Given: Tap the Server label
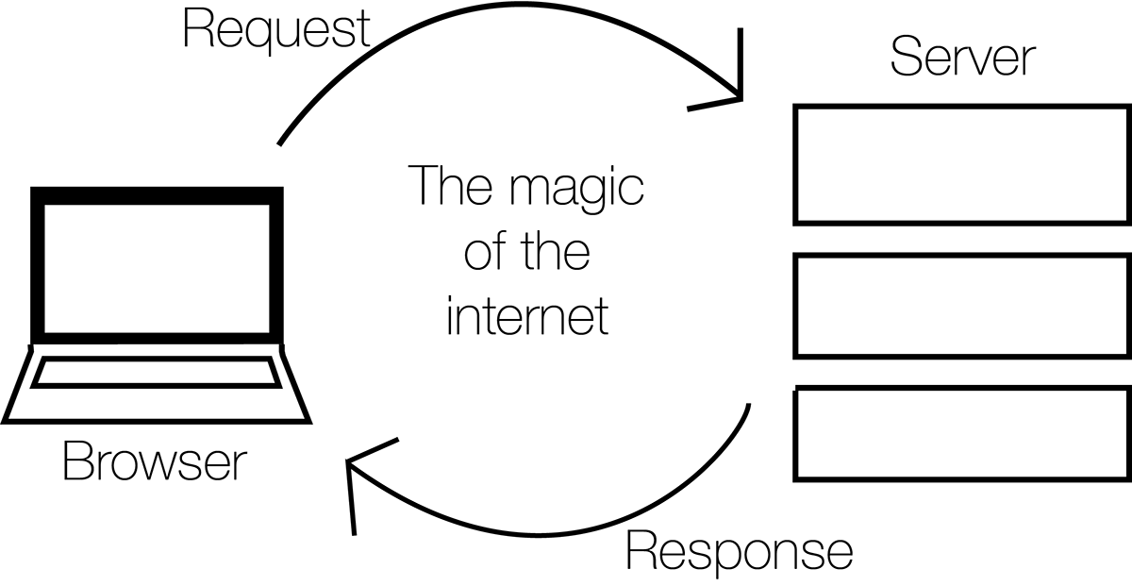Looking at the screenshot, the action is coord(963,57).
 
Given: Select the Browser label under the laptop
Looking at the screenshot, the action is coord(155,461).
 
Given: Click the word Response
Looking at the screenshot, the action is coord(740,553).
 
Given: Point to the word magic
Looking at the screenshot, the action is coord(576,189).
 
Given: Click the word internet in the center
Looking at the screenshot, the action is coord(527,316).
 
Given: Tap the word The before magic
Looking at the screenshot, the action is coord(450,185).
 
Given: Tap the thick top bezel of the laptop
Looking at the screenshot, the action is coord(157,195).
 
